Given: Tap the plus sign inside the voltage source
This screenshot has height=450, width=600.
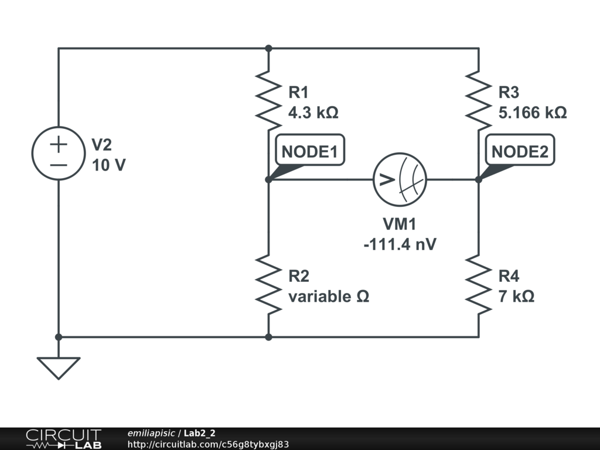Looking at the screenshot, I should tap(58, 144).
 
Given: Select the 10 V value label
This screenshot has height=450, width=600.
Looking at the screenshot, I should tap(108, 165).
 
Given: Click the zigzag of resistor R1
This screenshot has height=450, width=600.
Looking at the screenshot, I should tap(268, 100).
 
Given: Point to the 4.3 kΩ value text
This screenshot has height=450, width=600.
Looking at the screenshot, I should tap(313, 112).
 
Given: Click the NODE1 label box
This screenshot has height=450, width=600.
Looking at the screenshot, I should tap(310, 151).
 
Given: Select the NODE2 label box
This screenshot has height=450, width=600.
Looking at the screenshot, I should tap(520, 151).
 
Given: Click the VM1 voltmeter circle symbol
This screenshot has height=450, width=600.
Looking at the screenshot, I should tap(400, 179).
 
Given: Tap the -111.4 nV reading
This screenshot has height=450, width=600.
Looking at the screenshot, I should tap(400, 244).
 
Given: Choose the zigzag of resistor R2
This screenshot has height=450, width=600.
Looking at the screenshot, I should tap(268, 284).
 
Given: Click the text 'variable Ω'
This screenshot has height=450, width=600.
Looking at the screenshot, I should tap(328, 296).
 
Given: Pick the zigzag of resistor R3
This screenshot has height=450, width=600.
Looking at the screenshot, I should tap(479, 100).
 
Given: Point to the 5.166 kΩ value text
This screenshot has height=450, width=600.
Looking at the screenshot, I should tap(533, 112).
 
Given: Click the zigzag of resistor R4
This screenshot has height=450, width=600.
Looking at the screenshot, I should tap(479, 284).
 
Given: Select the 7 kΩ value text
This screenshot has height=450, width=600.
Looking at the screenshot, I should tap(516, 296).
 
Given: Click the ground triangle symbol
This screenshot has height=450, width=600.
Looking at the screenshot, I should tap(58, 367).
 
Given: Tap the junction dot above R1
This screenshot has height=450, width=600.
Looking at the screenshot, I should tap(268, 48).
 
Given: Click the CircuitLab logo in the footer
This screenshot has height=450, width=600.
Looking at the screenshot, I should tap(63, 438).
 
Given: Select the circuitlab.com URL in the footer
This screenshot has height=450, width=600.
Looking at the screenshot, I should tap(208, 445).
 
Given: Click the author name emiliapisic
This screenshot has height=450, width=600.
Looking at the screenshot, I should tap(151, 434).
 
